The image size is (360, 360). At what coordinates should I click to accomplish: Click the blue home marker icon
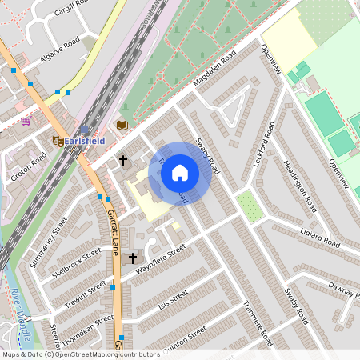click(x=180, y=172)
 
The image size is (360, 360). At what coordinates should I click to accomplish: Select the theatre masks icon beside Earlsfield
click(x=58, y=140)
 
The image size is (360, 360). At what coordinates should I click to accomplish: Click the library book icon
click(x=122, y=125)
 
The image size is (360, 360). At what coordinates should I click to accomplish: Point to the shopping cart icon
click(x=26, y=121)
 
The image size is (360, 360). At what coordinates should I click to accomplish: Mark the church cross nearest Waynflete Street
click(x=133, y=258)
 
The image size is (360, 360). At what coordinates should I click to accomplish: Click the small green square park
click(x=250, y=206)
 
